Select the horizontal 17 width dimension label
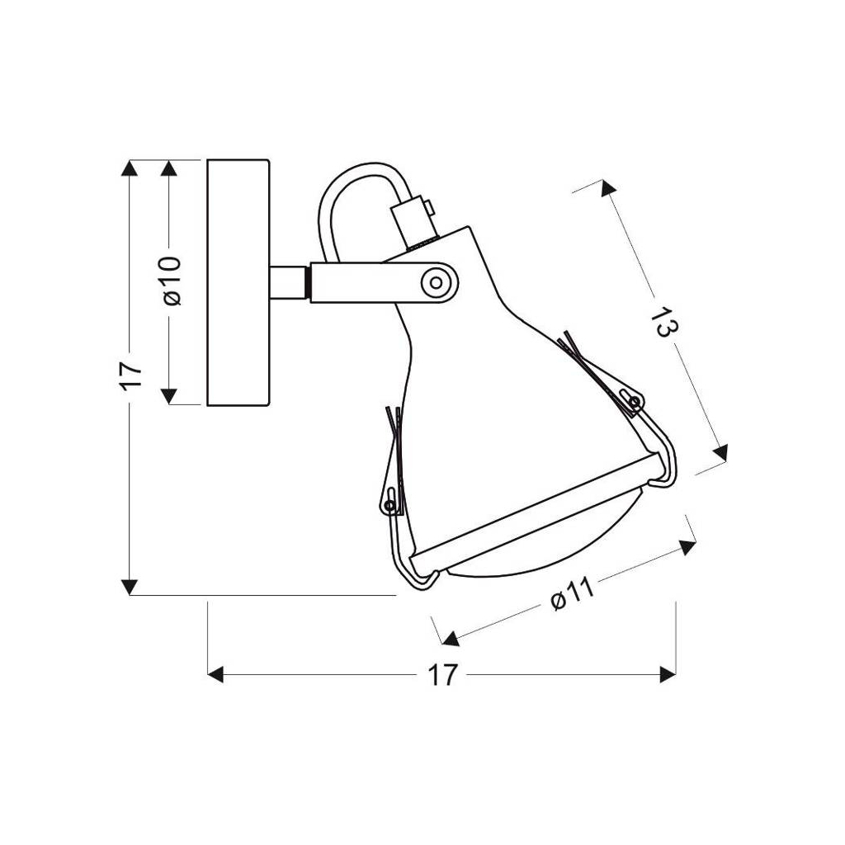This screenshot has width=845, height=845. click(x=442, y=674)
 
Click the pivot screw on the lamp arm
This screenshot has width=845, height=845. click(x=436, y=282)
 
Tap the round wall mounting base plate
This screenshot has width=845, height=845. click(x=238, y=282)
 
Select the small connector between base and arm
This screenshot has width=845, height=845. click(x=290, y=282)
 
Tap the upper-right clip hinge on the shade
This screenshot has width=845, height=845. click(x=635, y=401)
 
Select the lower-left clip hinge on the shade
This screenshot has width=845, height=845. click(x=389, y=506)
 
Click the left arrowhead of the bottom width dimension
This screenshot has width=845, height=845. click(x=215, y=674)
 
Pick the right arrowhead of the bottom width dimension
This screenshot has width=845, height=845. click(x=668, y=674)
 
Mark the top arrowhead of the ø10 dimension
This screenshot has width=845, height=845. click(x=169, y=168)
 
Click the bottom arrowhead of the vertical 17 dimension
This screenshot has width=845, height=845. click(x=130, y=587)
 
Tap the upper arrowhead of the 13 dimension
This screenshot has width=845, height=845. click(x=607, y=188)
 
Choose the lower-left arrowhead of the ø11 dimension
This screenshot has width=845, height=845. click(x=450, y=640)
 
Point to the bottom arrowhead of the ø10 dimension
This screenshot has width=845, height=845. click(x=169, y=396)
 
